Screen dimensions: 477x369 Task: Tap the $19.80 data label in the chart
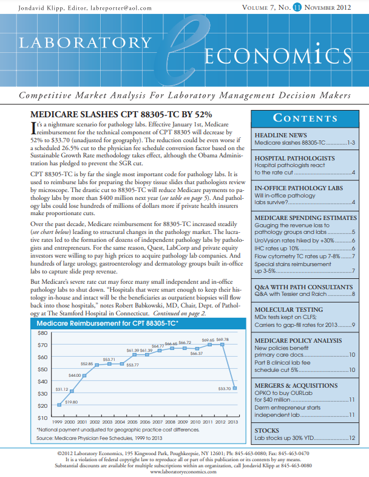coord(71,402)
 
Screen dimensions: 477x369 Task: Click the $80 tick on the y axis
coord(42,333)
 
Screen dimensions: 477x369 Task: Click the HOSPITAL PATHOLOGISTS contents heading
coord(289,157)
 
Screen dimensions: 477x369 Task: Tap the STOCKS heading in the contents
coord(268,431)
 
